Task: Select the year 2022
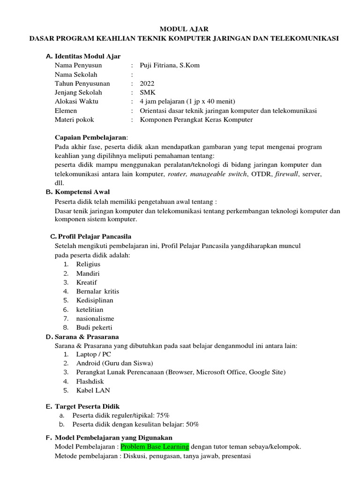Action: [x=147, y=83]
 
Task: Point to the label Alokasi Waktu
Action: [x=76, y=101]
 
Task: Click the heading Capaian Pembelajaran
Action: [x=90, y=138]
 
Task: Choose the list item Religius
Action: [x=88, y=264]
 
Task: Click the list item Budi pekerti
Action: [x=94, y=328]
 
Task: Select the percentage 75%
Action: [x=163, y=415]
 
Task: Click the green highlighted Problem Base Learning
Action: [x=155, y=447]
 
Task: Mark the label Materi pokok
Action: [x=74, y=120]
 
